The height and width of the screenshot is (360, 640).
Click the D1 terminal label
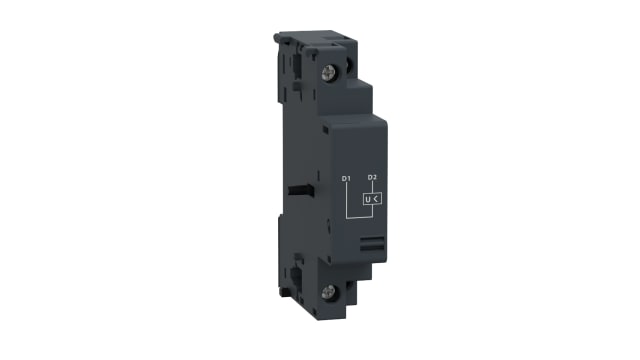(x=346, y=179)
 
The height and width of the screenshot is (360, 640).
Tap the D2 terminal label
(x=372, y=177)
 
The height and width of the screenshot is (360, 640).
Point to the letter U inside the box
(x=368, y=199)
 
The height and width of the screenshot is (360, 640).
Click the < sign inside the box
(x=377, y=199)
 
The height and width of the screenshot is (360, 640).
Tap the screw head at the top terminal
(x=329, y=73)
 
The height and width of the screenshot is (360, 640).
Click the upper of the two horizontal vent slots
(x=371, y=240)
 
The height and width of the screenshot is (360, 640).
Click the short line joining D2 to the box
(x=372, y=186)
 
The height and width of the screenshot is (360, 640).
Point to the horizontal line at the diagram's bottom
(x=359, y=217)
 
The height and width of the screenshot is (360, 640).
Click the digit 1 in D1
(x=349, y=179)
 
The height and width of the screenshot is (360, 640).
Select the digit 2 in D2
(x=375, y=177)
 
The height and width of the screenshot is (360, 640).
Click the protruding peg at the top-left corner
(x=278, y=41)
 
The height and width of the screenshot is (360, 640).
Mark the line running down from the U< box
(x=372, y=211)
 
